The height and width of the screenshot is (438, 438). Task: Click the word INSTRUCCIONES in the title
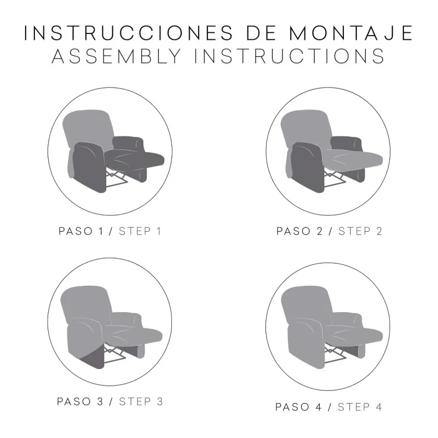click(x=129, y=33)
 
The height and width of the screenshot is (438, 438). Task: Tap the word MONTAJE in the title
click(x=351, y=33)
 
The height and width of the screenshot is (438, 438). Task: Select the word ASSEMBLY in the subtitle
click(x=117, y=56)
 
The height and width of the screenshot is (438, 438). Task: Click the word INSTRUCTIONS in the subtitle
click(x=290, y=56)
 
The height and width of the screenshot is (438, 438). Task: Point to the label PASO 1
click(x=80, y=231)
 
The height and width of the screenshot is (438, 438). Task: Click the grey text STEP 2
click(x=360, y=231)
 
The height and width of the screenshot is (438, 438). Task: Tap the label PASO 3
click(x=80, y=402)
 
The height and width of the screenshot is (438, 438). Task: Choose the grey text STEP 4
click(x=360, y=407)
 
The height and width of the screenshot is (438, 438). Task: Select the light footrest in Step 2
click(x=353, y=160)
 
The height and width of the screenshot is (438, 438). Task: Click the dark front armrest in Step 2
click(x=307, y=167)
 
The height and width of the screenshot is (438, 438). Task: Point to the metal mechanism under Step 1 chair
click(x=117, y=178)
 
